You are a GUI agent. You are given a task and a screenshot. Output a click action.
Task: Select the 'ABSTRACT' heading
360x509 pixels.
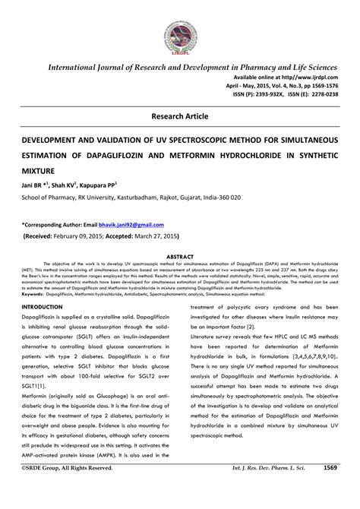pyautogui.click(x=180, y=257)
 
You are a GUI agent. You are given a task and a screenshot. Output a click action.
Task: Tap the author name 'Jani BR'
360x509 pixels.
pyautogui.click(x=33, y=184)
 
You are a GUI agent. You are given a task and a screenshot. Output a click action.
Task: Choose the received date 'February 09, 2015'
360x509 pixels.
pyautogui.click(x=85, y=236)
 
